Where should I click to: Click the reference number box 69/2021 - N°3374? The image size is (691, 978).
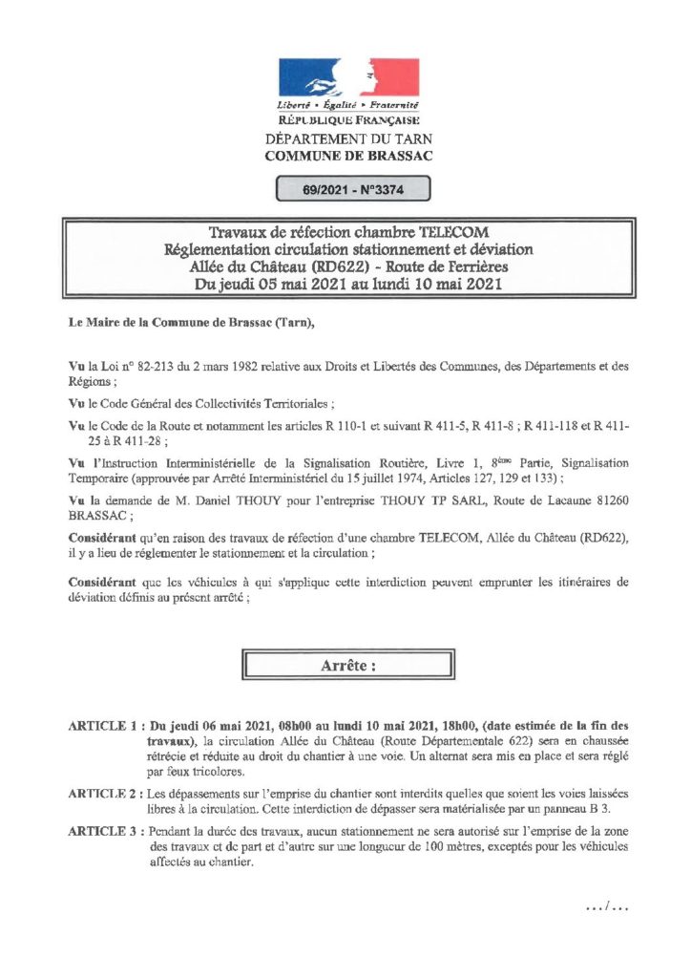tap(352, 189)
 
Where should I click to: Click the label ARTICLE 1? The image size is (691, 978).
tap(105, 727)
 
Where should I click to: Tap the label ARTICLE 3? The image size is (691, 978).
tap(105, 834)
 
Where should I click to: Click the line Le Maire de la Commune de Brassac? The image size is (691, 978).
tap(185, 323)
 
